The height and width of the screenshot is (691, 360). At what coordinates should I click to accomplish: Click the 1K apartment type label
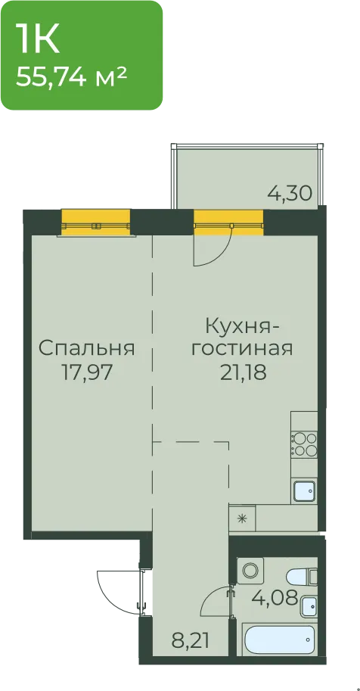[38, 39]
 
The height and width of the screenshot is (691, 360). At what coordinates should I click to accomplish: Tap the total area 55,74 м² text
[72, 79]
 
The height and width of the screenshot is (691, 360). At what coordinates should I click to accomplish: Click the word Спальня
[86, 348]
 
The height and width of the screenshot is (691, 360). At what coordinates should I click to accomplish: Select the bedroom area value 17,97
[86, 374]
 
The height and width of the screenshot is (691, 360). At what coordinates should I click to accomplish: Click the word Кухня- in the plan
[244, 328]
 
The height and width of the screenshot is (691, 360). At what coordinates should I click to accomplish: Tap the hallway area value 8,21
[191, 639]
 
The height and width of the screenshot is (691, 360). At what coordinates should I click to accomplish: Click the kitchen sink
[304, 490]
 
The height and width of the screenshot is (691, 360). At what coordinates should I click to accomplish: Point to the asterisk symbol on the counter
[241, 518]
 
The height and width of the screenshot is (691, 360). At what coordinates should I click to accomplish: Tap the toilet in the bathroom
[302, 577]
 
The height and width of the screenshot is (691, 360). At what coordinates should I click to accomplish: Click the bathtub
[279, 640]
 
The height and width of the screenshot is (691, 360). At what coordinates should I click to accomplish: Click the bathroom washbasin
[309, 606]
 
